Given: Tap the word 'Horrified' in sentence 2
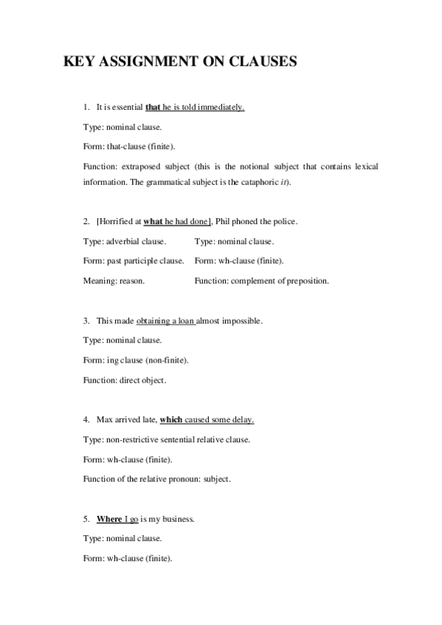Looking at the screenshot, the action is [x=117, y=221].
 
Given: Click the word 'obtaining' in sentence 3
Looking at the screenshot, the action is [x=152, y=321].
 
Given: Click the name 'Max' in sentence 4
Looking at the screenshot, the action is [x=104, y=420].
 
